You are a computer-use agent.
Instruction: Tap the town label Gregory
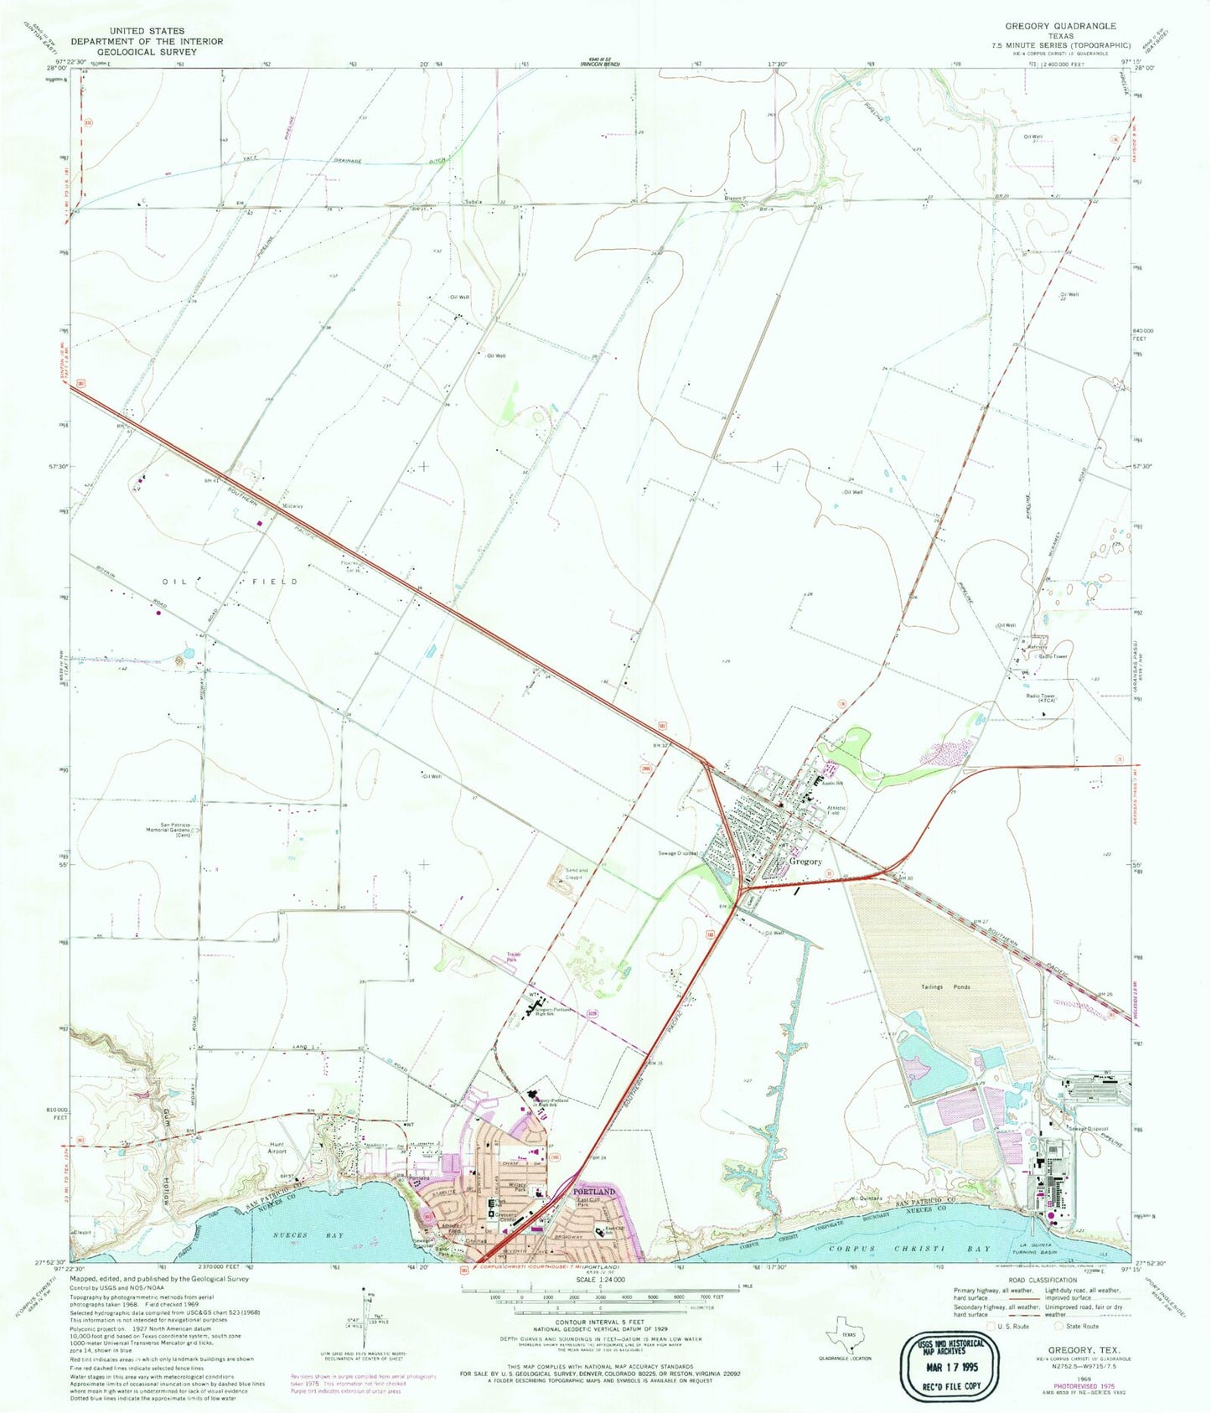pos(805,861)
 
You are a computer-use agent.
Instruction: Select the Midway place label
pos(292,506)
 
